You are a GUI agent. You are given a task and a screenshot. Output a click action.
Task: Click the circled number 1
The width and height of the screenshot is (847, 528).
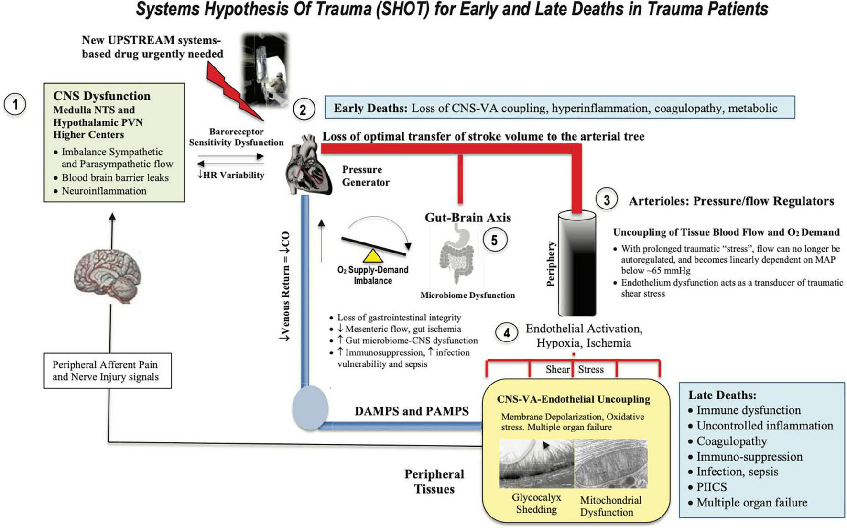point(15,104)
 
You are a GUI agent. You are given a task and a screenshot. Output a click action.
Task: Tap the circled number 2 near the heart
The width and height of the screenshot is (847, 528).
point(304,110)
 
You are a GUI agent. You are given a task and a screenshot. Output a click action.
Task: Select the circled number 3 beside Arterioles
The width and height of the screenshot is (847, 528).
point(607,199)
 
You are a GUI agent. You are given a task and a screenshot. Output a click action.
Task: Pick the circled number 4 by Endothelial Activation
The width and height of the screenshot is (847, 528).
point(507,332)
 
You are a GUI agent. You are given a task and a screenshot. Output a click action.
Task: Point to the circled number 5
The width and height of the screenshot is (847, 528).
point(494,240)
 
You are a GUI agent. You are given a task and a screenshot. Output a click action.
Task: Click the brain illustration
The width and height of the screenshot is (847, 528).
point(108,276)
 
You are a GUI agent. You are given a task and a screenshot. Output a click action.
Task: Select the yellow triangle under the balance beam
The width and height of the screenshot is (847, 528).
point(373,255)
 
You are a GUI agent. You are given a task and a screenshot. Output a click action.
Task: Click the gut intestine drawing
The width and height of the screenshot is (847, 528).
point(456,256)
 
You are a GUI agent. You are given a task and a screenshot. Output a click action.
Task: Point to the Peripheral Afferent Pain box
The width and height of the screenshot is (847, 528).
point(108,371)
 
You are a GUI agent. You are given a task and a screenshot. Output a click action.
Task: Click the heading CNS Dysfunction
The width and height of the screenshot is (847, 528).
point(102,96)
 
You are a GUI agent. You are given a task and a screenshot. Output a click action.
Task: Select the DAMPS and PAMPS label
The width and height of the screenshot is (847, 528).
point(411,411)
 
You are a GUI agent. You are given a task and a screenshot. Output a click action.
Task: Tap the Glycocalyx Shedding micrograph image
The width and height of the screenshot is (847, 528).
point(535,463)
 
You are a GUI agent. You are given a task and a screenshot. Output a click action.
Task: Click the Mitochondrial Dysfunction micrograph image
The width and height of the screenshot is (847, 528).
point(610,463)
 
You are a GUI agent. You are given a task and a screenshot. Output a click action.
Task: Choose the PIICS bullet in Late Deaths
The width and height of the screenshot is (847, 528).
point(711,487)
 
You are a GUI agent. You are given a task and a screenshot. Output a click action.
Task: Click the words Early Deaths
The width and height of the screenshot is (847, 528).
point(370,108)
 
